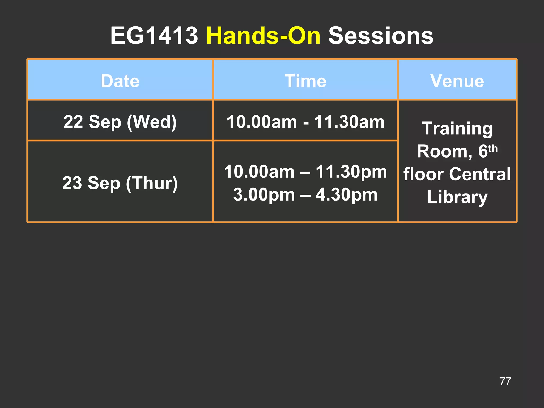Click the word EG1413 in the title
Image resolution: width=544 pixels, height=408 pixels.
[x=154, y=36]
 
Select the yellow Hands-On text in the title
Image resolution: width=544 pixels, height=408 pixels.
[x=263, y=36]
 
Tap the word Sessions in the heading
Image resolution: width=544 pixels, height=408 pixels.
[x=381, y=36]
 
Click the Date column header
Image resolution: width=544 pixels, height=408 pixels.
[x=120, y=81]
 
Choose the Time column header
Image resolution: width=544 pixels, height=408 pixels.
[x=305, y=81]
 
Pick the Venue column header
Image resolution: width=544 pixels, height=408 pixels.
[x=457, y=81]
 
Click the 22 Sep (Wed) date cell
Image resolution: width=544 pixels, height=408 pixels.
[x=120, y=122]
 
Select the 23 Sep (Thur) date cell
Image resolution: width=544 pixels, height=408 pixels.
[x=120, y=183]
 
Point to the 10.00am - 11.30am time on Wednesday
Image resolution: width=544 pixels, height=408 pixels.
[x=305, y=122]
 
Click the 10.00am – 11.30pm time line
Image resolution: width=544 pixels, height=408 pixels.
[x=305, y=172]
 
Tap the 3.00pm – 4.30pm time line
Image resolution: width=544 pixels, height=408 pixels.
[x=305, y=194]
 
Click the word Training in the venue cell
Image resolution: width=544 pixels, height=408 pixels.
[x=457, y=129]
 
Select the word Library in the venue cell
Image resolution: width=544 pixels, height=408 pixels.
[x=457, y=197]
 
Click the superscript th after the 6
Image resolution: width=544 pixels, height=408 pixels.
[x=493, y=148]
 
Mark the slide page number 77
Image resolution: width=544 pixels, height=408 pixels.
[x=505, y=381]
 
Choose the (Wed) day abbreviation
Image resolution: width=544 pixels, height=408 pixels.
[x=152, y=122]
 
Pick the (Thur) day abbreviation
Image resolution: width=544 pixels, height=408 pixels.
[x=152, y=183]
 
